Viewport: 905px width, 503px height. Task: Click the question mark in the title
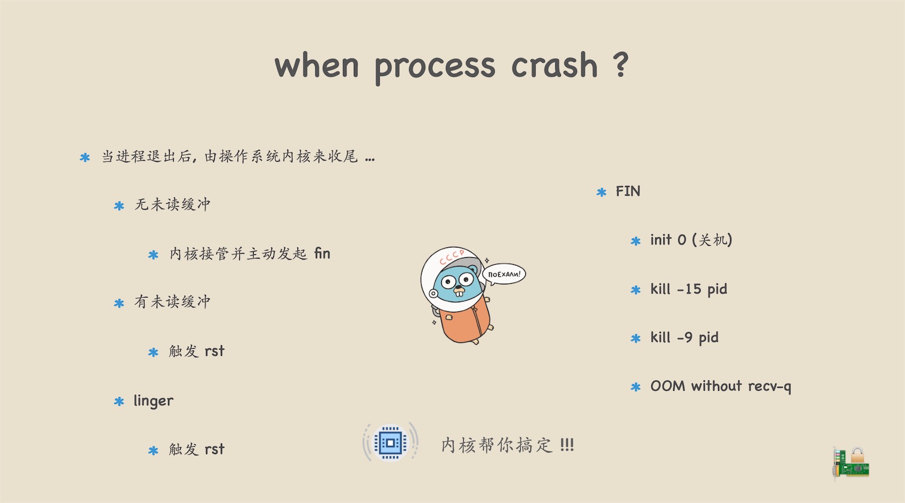[621, 64]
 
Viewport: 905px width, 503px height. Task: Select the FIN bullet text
[628, 191]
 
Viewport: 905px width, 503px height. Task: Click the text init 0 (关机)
[692, 240]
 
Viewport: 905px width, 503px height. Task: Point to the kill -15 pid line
[689, 289]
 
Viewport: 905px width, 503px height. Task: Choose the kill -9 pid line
[685, 337]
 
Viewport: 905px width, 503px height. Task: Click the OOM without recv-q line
[721, 386]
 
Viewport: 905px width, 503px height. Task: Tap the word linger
[154, 401]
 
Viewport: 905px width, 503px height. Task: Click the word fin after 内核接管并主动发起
[322, 254]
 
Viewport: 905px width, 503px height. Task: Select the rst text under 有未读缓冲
[215, 352]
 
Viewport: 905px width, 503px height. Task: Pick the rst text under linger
[215, 449]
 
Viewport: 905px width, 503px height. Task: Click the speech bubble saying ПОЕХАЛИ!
[504, 275]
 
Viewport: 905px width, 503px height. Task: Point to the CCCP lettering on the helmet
[452, 257]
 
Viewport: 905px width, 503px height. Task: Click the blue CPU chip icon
[390, 443]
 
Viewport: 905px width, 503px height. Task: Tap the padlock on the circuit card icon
[857, 455]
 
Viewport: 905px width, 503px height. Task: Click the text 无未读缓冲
[173, 204]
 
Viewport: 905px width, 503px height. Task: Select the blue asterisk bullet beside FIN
[602, 192]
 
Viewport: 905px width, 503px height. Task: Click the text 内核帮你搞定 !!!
[507, 445]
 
